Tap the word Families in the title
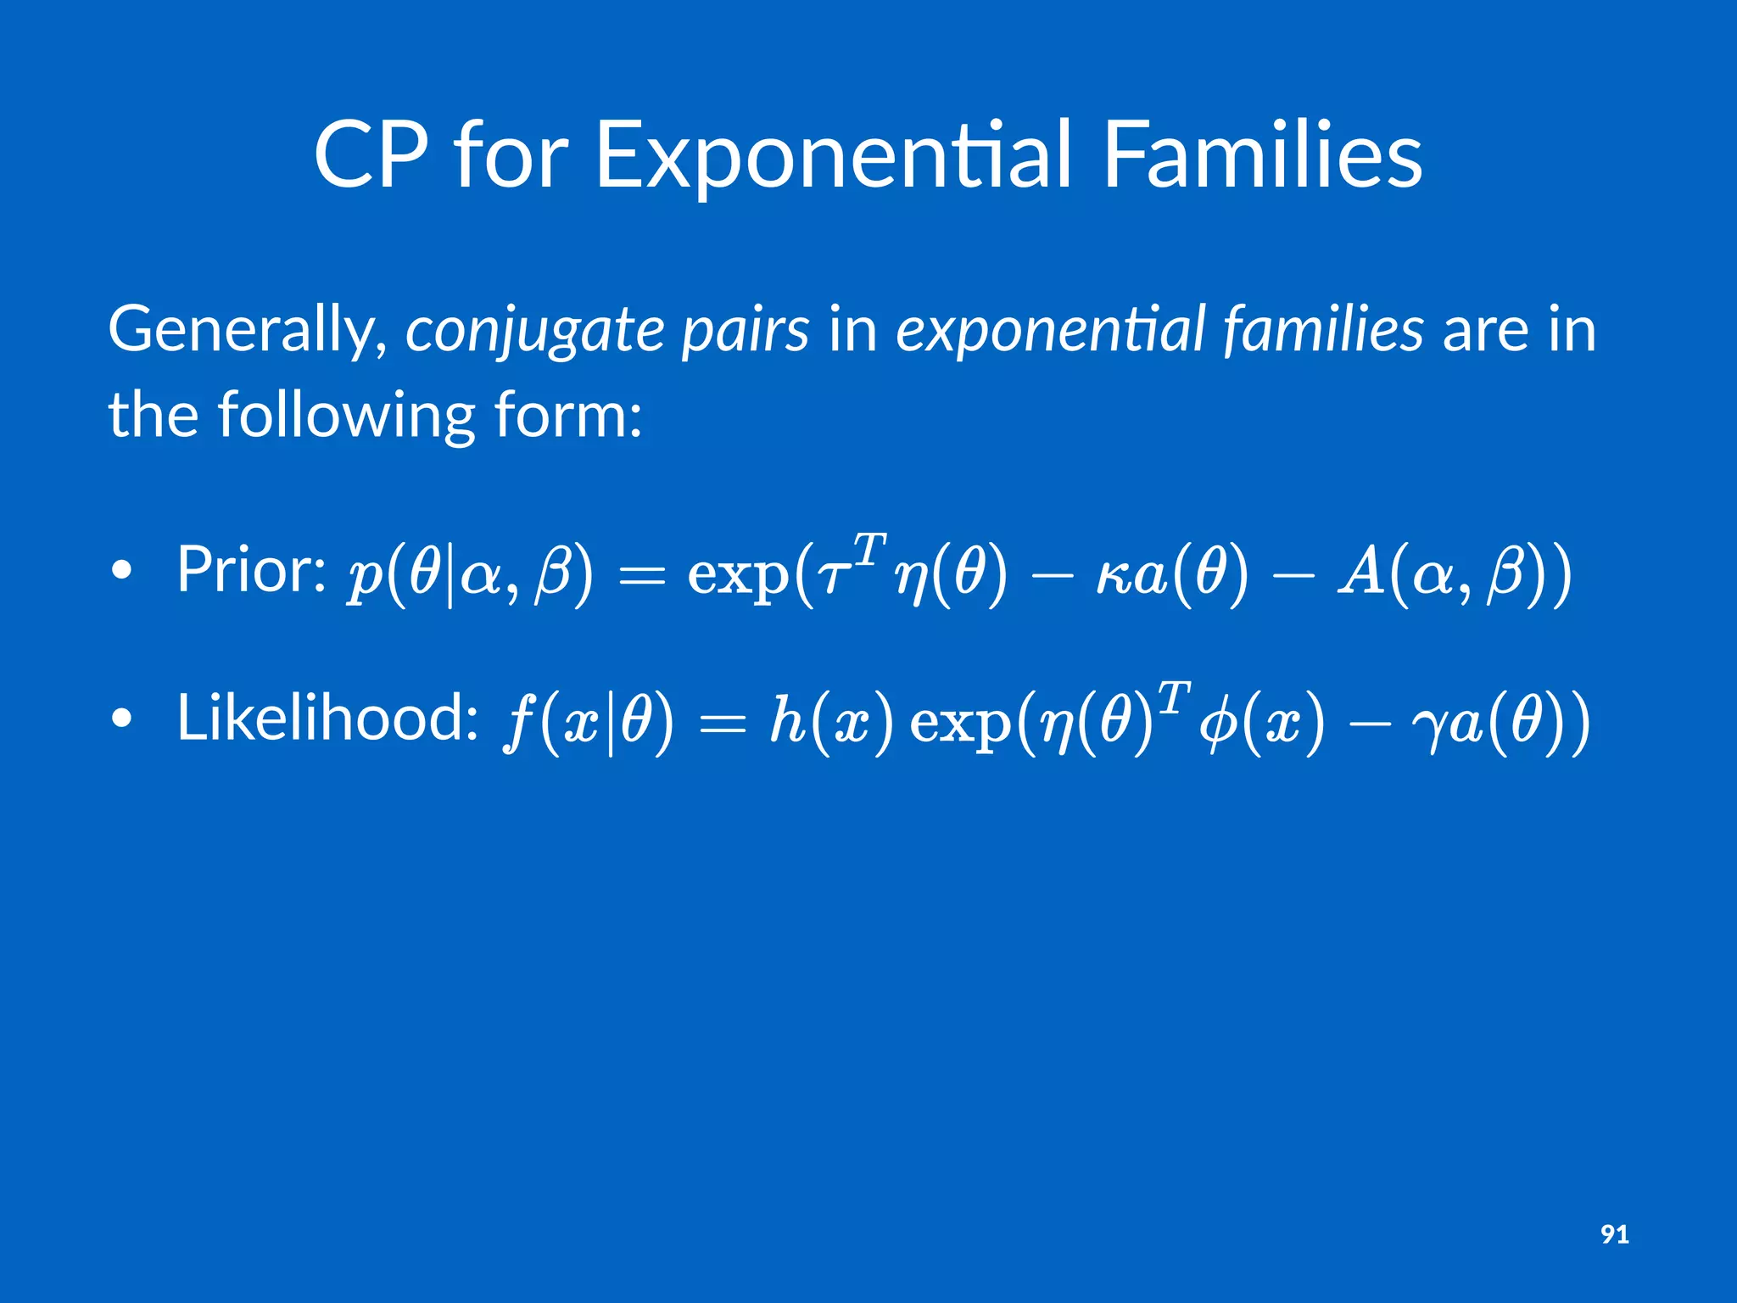(1262, 155)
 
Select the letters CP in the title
(371, 155)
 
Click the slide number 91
(1614, 1234)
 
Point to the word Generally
(247, 331)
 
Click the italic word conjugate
(534, 331)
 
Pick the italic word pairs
(746, 331)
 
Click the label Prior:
(251, 570)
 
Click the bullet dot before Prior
(122, 572)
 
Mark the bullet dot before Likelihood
(122, 719)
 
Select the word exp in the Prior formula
(737, 577)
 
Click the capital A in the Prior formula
(1362, 572)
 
